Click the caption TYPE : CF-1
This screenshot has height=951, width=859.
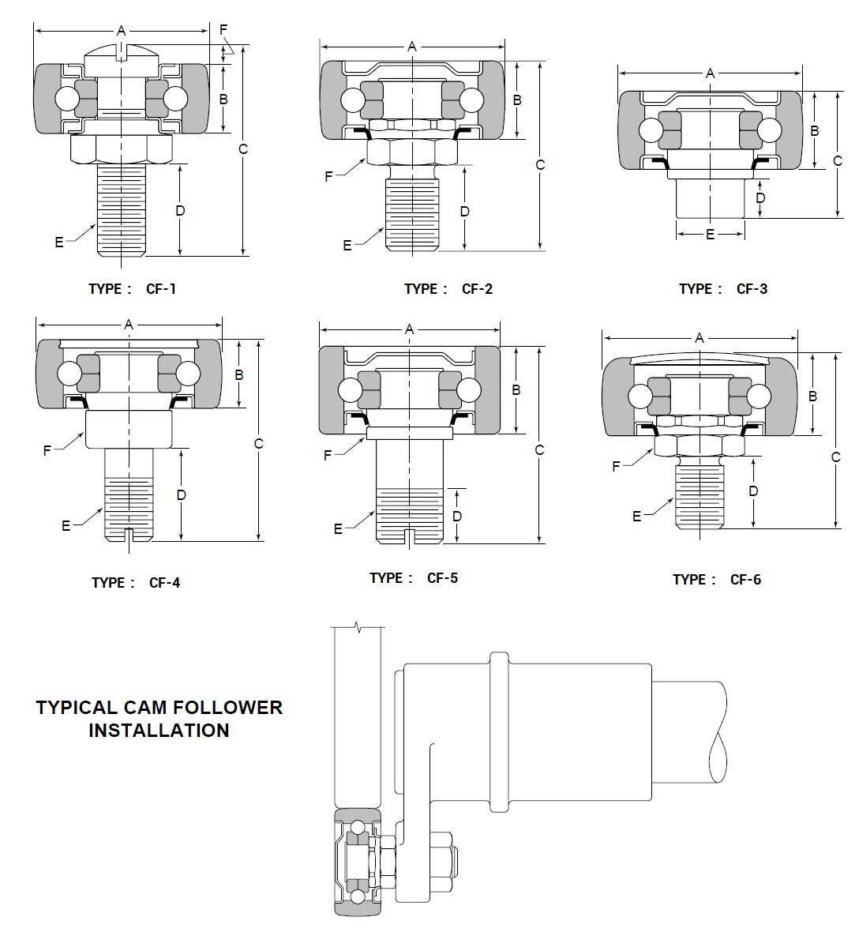click(x=132, y=289)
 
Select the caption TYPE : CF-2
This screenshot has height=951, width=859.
click(x=448, y=289)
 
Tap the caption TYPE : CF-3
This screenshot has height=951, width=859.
click(x=722, y=289)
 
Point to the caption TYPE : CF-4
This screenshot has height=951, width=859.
click(x=135, y=583)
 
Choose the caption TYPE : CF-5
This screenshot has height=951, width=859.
click(x=413, y=578)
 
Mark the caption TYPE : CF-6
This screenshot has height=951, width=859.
click(x=716, y=580)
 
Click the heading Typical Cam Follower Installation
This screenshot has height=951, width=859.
click(x=159, y=719)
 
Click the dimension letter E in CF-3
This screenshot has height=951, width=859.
click(x=710, y=235)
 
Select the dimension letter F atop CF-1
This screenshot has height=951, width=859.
click(x=223, y=30)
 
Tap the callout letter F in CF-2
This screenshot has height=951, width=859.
click(x=328, y=177)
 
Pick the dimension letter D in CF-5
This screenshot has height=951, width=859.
click(x=457, y=516)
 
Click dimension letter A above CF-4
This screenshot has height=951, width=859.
click(x=129, y=324)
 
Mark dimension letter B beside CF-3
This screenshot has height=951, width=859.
click(x=815, y=131)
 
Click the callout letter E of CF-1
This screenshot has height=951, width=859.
click(x=59, y=242)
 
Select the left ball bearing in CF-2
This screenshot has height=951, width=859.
click(x=351, y=100)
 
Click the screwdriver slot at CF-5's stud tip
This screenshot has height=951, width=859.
click(x=409, y=537)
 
